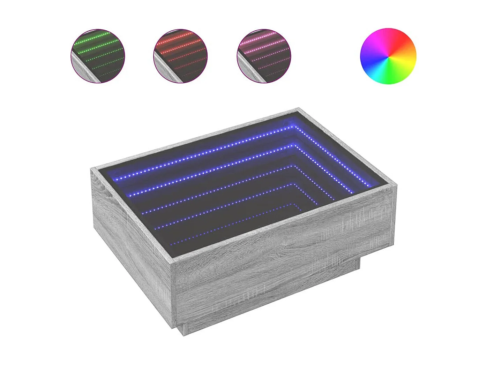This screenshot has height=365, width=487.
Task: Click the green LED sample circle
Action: click(x=98, y=56)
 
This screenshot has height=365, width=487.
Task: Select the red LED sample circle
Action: click(x=180, y=56)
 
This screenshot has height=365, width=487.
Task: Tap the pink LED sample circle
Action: click(x=264, y=56)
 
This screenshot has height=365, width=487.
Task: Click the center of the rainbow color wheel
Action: click(x=388, y=56)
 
